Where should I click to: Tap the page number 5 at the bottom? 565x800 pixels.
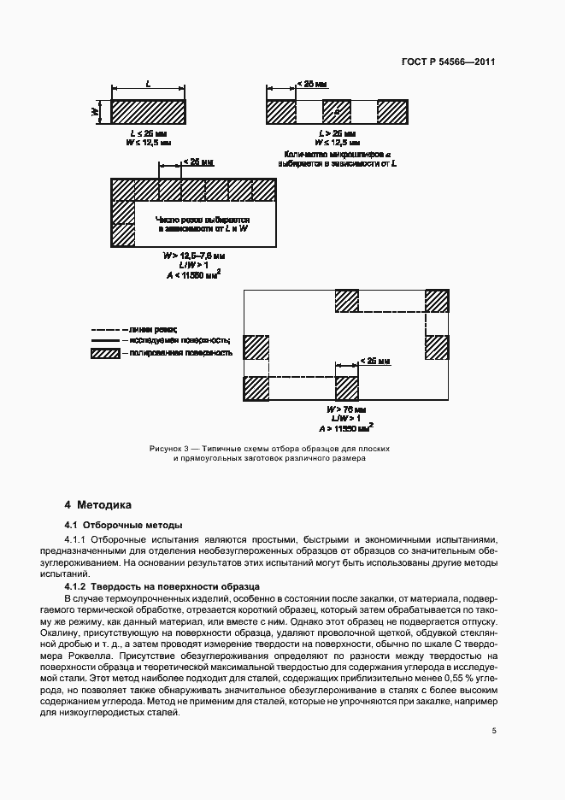coord(494,731)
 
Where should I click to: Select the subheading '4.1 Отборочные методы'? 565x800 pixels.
coord(123,524)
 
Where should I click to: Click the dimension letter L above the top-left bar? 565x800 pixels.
coord(149,85)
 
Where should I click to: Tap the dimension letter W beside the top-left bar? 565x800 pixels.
coord(97,111)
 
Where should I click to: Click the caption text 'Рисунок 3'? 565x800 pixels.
coord(168,448)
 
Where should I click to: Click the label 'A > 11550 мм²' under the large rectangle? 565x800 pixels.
coord(346,426)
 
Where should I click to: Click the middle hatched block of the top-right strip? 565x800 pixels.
coord(337,111)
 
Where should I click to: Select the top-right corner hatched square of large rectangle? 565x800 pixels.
coord(436,302)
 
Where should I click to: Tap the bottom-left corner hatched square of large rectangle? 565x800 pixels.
coord(256,388)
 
